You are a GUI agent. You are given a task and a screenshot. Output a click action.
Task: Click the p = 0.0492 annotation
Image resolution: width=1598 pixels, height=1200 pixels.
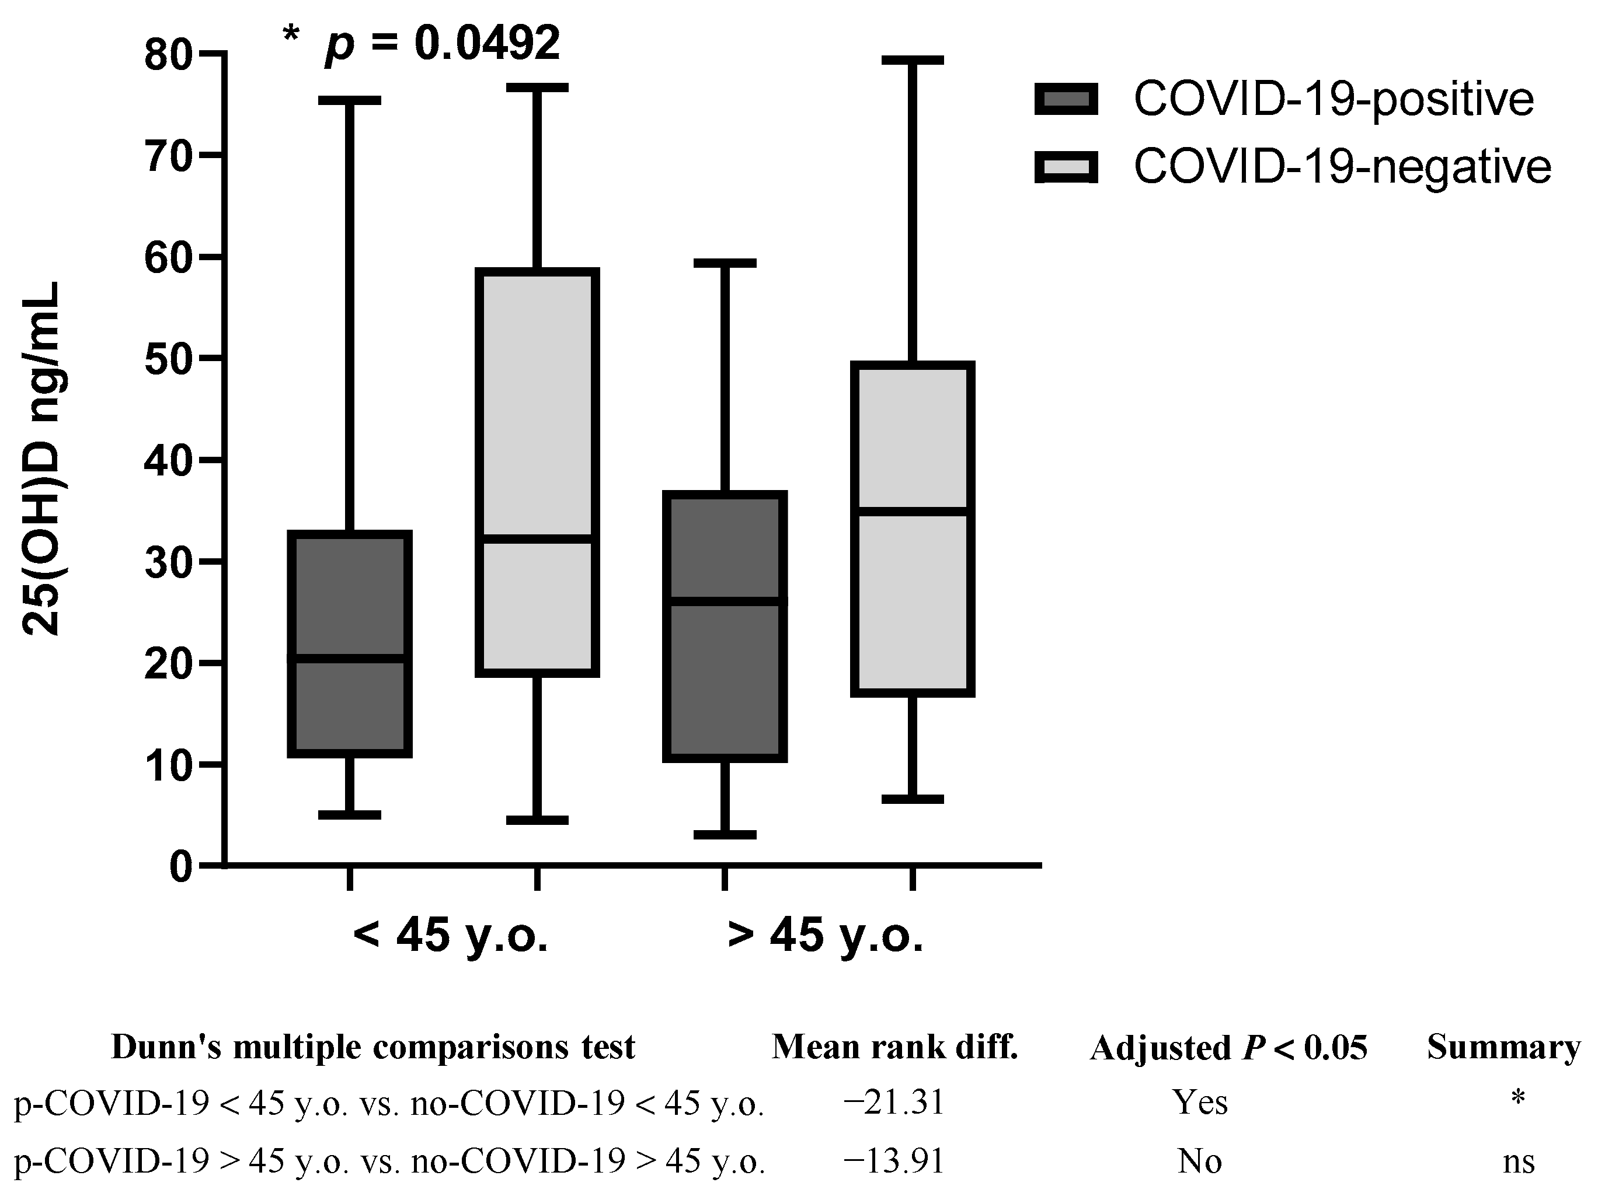(x=442, y=43)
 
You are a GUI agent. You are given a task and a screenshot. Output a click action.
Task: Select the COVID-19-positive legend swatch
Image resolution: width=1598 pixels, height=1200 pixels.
(x=1066, y=99)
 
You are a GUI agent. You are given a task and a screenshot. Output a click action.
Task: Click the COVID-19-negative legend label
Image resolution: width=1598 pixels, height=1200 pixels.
(x=1342, y=167)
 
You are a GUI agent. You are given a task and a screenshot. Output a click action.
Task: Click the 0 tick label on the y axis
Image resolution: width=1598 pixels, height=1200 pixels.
(x=182, y=866)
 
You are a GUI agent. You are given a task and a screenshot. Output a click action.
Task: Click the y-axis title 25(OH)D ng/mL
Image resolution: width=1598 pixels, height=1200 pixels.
(x=42, y=459)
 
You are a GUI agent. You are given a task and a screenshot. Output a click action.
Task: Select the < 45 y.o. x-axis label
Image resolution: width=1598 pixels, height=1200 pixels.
(x=450, y=936)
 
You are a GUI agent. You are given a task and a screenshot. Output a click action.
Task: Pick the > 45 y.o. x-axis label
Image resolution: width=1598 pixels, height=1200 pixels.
(x=825, y=936)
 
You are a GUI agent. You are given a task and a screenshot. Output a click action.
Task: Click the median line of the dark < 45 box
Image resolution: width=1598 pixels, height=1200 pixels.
(x=350, y=658)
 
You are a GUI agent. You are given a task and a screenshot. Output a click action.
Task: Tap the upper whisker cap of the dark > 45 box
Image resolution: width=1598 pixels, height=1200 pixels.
(x=725, y=263)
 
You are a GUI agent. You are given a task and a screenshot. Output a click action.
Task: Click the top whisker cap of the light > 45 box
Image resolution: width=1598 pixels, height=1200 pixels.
(x=913, y=60)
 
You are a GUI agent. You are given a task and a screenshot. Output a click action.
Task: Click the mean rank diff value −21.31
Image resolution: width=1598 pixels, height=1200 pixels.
(x=894, y=1103)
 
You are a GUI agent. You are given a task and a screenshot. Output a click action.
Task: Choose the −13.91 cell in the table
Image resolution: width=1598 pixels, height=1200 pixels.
(x=894, y=1161)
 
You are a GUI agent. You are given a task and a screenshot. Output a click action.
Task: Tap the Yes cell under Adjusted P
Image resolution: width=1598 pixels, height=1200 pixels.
(x=1200, y=1103)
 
